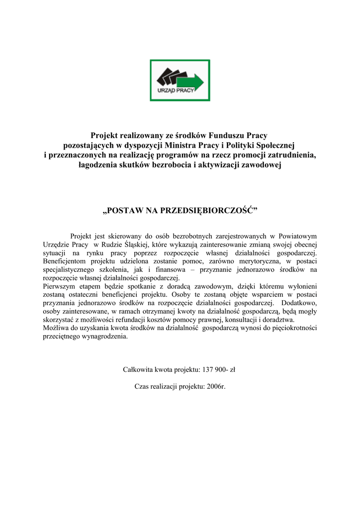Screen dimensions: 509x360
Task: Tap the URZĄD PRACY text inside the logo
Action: [x=175, y=91]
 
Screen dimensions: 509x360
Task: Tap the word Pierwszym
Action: [x=60, y=286]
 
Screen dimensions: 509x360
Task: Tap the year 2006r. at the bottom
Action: [x=215, y=386]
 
